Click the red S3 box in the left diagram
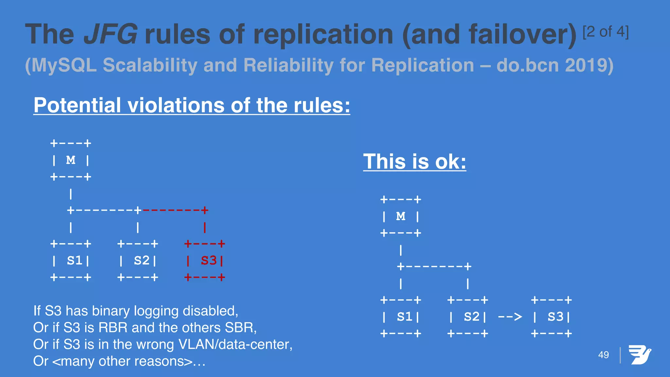coord(205,260)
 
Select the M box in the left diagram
coord(71,160)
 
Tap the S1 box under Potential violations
coord(71,260)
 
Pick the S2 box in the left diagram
coord(138,260)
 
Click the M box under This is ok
coord(401,216)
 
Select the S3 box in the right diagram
coord(552,317)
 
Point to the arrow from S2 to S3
coord(510,317)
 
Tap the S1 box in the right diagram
coord(401,317)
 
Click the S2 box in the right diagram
coord(468,317)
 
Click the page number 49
coord(604,355)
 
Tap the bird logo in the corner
coord(640,355)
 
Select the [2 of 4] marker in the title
coord(606,32)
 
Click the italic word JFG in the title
coord(110,34)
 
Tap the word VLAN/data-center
coord(235,344)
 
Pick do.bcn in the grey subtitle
coord(527,65)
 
